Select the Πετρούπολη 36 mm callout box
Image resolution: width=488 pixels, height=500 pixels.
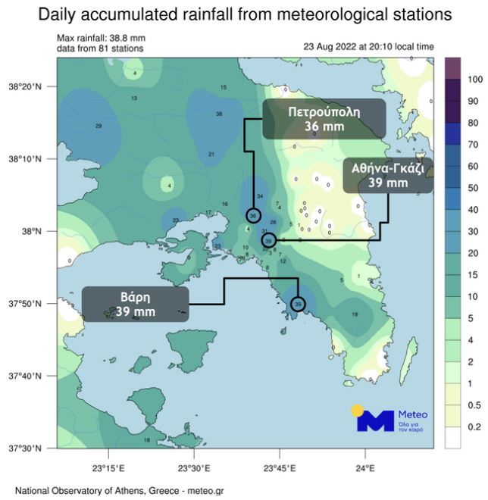(324, 119)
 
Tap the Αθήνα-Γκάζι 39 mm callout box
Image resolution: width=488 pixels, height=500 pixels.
(387, 176)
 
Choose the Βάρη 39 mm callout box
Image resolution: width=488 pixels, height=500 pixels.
(135, 304)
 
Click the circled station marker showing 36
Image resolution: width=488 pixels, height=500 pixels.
(254, 216)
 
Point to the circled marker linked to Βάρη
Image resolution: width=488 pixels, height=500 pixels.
(298, 305)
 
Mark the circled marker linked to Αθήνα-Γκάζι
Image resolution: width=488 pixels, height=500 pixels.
(268, 240)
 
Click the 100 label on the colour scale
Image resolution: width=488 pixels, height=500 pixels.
(475, 79)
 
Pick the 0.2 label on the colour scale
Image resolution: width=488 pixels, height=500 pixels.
(475, 427)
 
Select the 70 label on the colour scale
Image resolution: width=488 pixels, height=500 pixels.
(475, 144)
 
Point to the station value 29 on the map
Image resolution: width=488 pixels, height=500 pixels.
(98, 126)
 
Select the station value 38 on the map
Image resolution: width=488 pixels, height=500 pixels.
(220, 114)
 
